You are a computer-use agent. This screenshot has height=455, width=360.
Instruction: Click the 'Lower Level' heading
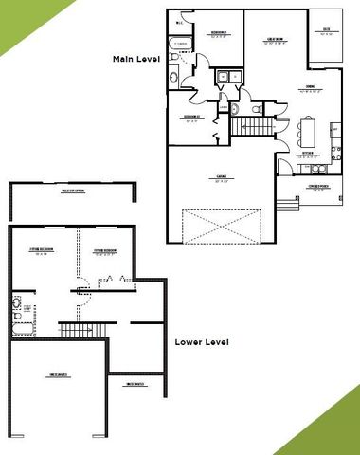pos(204,341)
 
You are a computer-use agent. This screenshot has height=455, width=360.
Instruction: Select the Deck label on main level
pos(326,32)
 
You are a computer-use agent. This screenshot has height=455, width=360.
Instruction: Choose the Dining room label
pos(308,88)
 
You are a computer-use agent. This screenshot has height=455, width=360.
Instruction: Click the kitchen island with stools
pos(308,127)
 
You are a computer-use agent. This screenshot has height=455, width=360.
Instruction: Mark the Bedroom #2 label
pos(195,118)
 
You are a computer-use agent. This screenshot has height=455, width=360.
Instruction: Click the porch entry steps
pos(284,203)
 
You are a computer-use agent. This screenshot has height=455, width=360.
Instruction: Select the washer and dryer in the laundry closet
pos(227,79)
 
